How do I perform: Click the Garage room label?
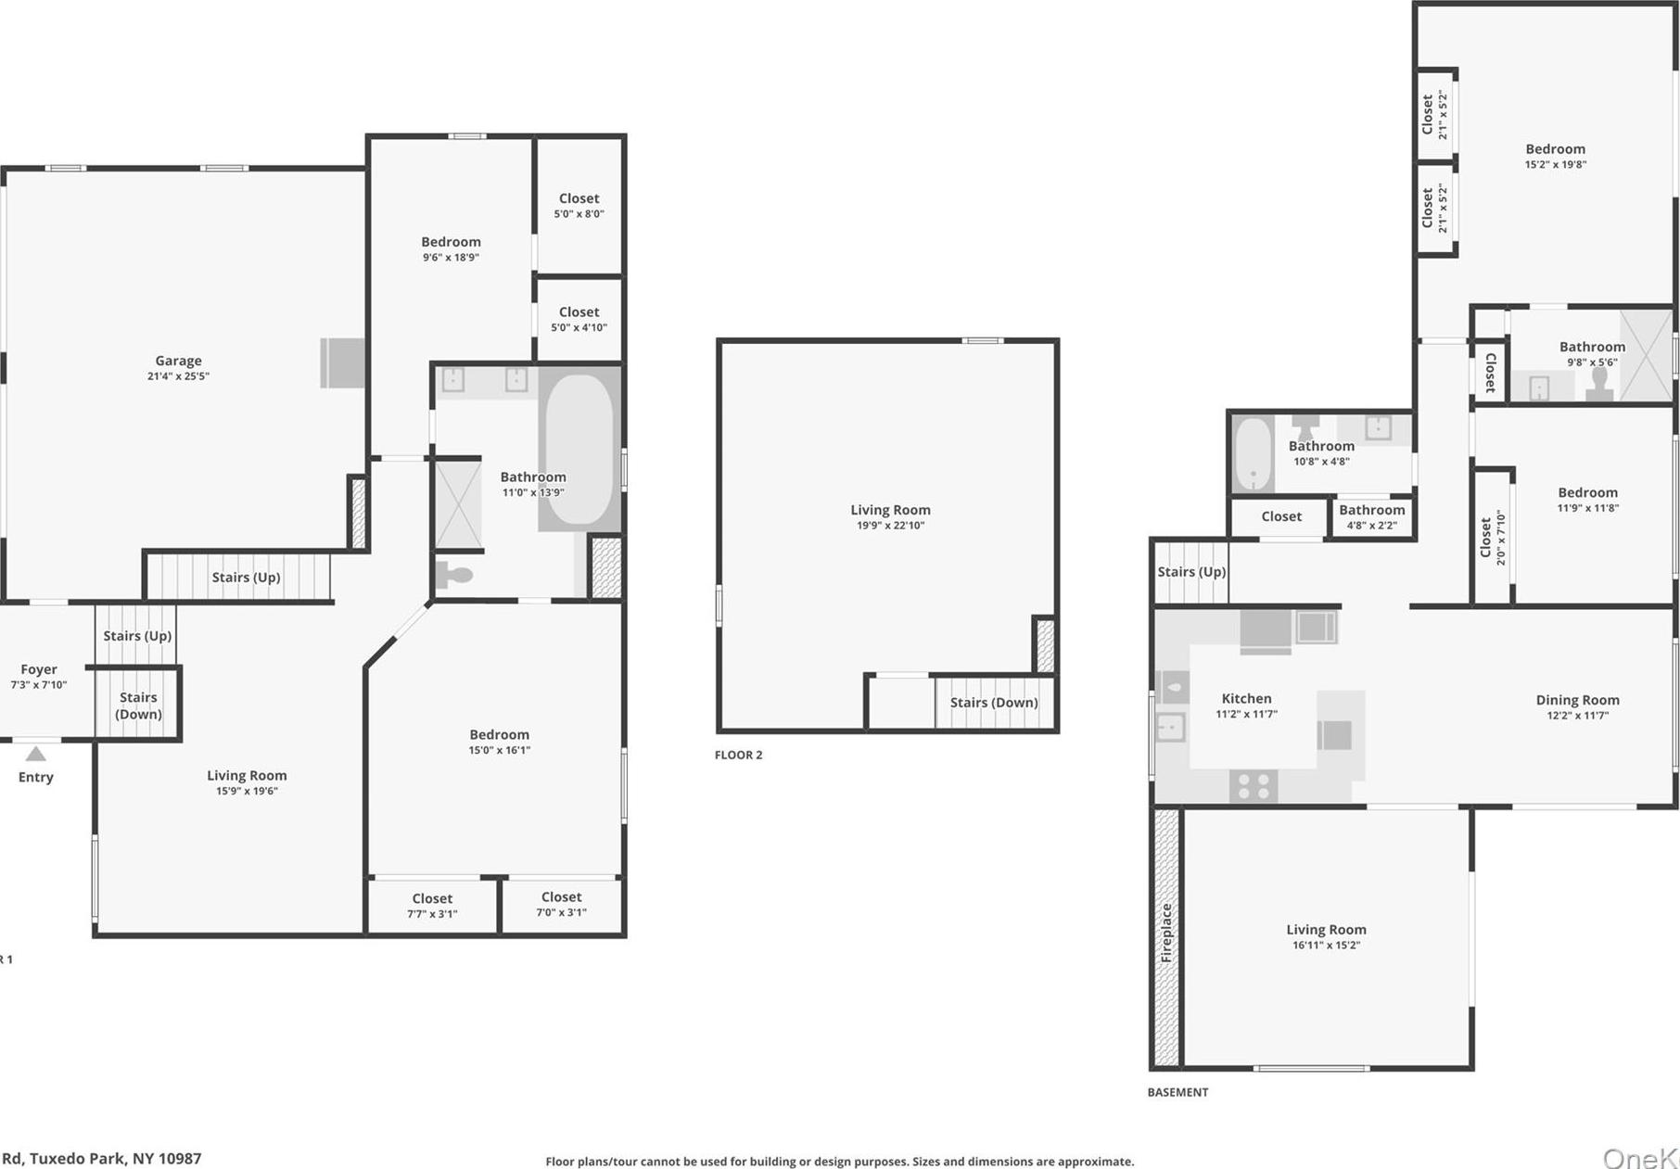tap(178, 362)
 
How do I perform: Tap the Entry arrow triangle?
tap(35, 754)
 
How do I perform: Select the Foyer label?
tap(39, 669)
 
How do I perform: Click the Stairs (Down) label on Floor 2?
tap(994, 703)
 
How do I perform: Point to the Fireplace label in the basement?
tap(1166, 932)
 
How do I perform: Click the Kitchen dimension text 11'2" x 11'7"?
tap(1246, 715)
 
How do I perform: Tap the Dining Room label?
tap(1577, 700)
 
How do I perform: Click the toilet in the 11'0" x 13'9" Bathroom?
tap(454, 576)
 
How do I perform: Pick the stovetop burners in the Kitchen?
tap(1254, 786)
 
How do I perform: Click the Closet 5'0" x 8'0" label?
tap(579, 198)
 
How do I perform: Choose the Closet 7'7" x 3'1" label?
tap(432, 898)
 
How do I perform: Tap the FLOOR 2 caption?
tap(738, 755)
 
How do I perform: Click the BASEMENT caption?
tap(1177, 1092)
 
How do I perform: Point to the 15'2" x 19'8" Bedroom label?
tap(1555, 149)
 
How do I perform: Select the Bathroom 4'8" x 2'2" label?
tap(1371, 510)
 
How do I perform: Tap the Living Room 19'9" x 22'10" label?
tap(890, 510)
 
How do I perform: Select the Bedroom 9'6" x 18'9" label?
tap(451, 242)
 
